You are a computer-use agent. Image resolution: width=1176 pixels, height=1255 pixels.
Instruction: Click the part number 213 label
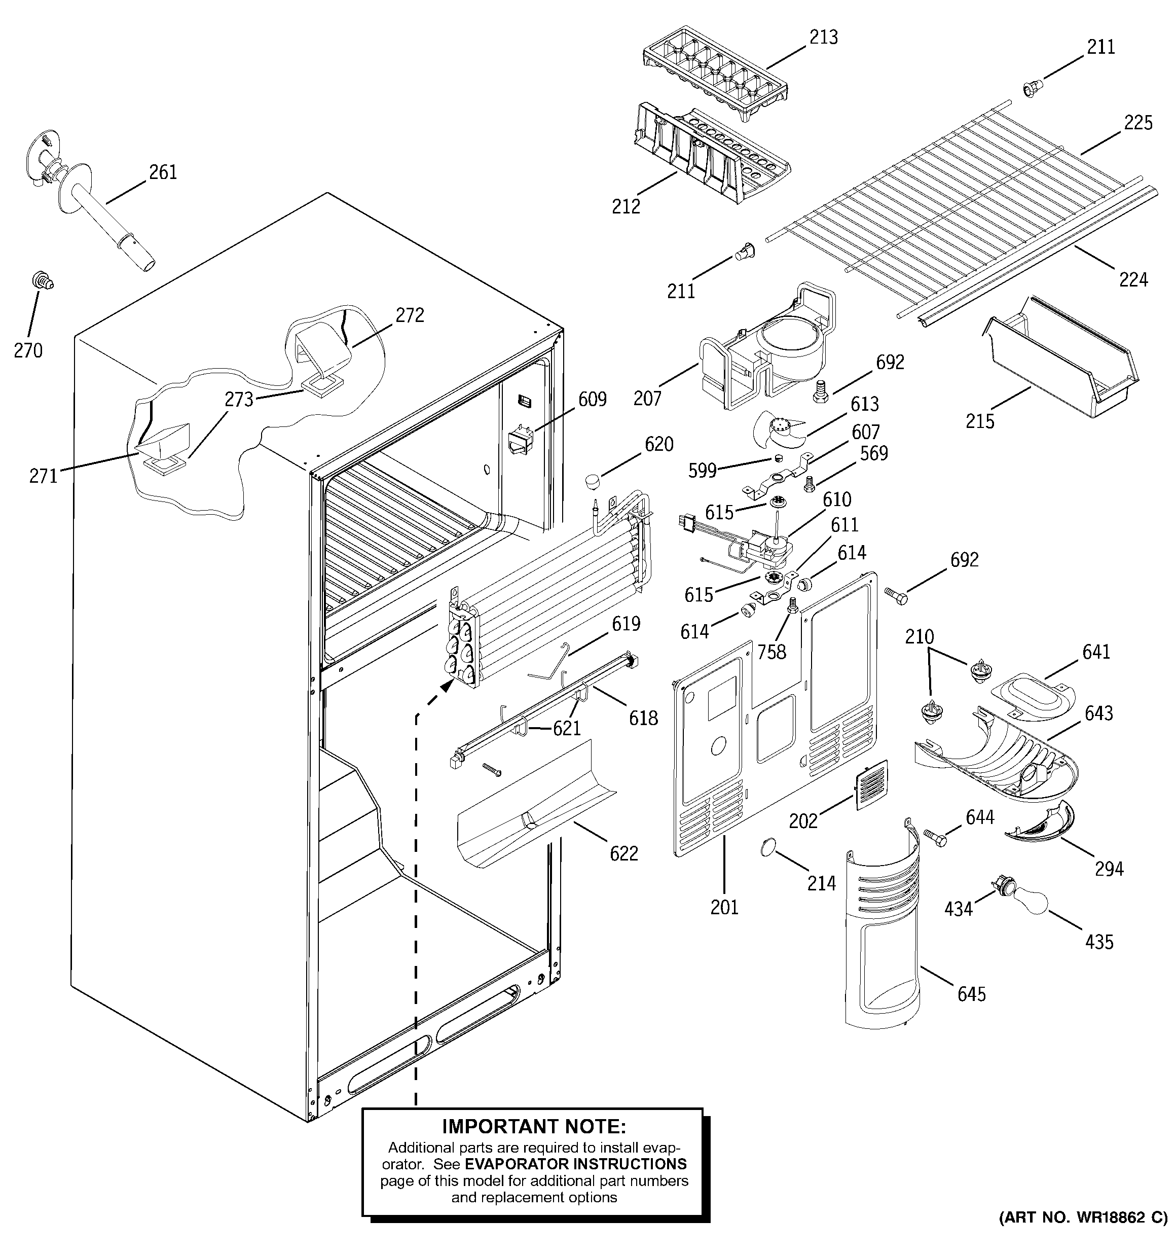coord(824,37)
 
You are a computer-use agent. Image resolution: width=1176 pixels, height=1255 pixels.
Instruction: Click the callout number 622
coord(623,853)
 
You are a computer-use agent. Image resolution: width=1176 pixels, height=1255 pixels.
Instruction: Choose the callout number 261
coord(163,172)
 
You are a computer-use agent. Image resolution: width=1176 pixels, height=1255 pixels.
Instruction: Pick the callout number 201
coord(724,907)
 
